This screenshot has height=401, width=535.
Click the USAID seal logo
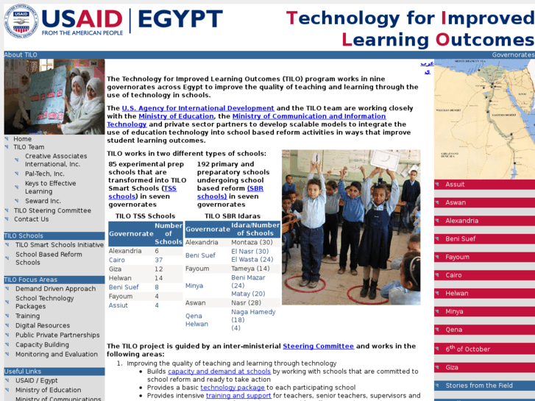click(21, 21)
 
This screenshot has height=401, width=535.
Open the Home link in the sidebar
click(23, 138)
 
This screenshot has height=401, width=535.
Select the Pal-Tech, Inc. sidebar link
click(44, 174)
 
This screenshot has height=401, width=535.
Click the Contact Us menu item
click(31, 219)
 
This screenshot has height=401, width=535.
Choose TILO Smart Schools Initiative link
click(60, 244)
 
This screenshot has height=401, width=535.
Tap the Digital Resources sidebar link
click(43, 325)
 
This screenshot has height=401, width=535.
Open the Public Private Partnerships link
click(57, 335)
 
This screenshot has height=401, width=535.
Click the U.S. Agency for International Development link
click(197, 108)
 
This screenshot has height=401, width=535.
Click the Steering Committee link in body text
click(318, 346)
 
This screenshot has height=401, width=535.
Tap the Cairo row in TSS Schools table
click(117, 260)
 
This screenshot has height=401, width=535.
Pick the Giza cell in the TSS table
click(116, 269)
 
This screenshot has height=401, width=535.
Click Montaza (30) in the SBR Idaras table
click(252, 242)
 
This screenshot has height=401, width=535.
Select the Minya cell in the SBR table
click(194, 285)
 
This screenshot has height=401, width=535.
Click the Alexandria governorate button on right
click(461, 221)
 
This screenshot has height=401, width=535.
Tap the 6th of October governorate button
click(467, 349)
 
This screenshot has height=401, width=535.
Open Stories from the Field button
click(478, 386)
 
